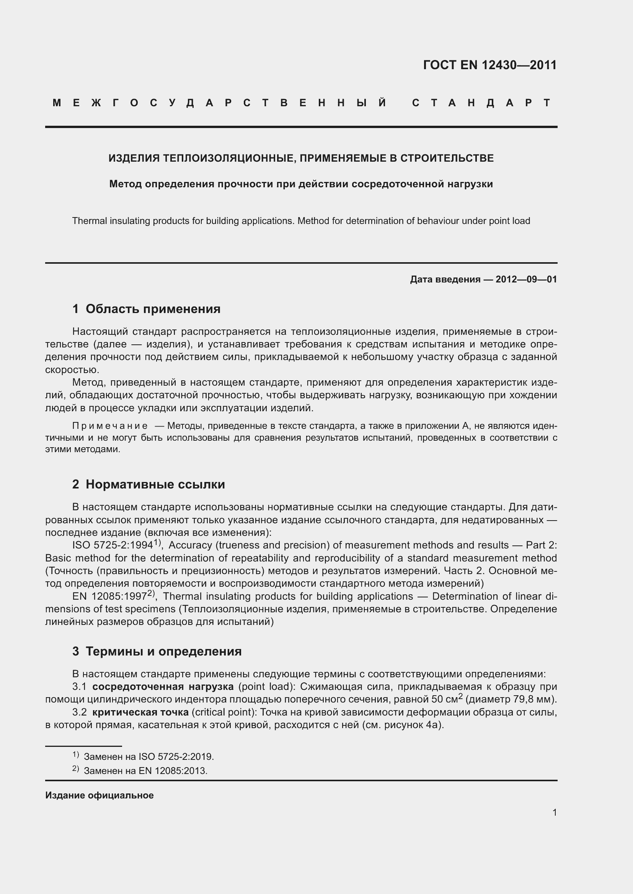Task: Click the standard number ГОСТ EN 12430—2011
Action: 489,65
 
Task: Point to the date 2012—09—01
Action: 526,279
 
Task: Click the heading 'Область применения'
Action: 153,309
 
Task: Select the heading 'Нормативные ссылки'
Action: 155,484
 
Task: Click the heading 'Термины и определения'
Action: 163,651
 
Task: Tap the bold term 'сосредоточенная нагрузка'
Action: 163,686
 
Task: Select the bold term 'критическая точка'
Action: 140,712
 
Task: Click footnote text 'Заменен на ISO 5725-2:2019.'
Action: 149,756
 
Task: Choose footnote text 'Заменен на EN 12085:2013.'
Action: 145,771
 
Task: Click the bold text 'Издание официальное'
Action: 100,795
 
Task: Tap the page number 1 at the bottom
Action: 555,812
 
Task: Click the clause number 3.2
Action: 80,712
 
